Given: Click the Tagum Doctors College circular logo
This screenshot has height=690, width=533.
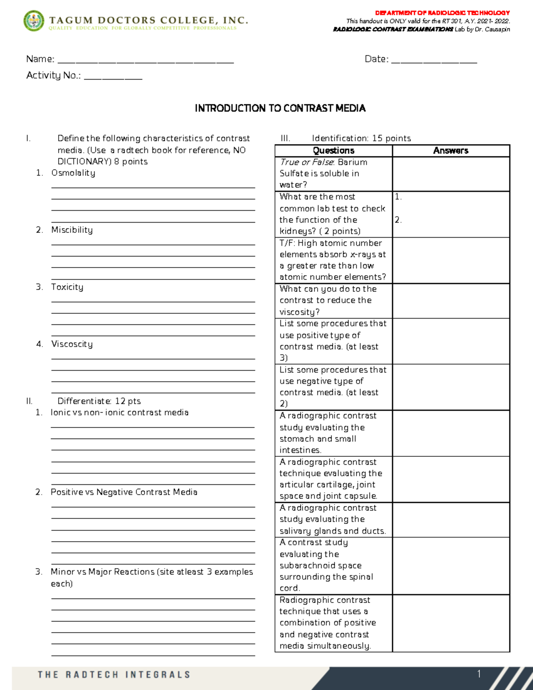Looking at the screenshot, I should [x=34, y=21].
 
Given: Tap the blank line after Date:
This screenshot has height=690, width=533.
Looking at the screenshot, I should [x=434, y=62].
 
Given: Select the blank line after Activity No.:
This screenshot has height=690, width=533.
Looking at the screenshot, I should [x=113, y=78].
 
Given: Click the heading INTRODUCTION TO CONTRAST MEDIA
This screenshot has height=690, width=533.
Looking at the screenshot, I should [x=280, y=108].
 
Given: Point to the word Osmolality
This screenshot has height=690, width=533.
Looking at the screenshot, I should [x=73, y=173].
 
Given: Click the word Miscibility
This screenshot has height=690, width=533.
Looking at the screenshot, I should [x=72, y=230].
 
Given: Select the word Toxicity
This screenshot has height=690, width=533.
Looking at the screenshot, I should [x=67, y=287].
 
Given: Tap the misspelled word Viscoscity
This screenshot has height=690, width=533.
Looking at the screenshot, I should [x=72, y=344].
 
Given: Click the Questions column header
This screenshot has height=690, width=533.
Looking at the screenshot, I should [x=334, y=151].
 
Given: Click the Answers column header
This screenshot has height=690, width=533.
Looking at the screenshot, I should [x=450, y=151].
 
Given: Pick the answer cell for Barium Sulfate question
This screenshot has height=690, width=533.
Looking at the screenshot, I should [x=450, y=174].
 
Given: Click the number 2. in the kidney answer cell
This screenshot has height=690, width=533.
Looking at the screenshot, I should [x=398, y=220].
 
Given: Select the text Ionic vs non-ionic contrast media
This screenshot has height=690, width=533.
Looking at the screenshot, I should [x=119, y=412].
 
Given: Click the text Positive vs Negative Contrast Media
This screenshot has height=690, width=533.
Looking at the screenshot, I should [x=124, y=492].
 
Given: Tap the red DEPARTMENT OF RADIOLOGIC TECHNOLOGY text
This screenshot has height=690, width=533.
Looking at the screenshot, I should [x=442, y=13].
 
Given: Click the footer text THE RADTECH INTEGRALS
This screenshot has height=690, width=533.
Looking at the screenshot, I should [x=114, y=674].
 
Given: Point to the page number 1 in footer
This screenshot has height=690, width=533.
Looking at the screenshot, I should [x=479, y=674].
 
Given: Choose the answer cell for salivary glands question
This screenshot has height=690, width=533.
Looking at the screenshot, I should [x=450, y=520].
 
